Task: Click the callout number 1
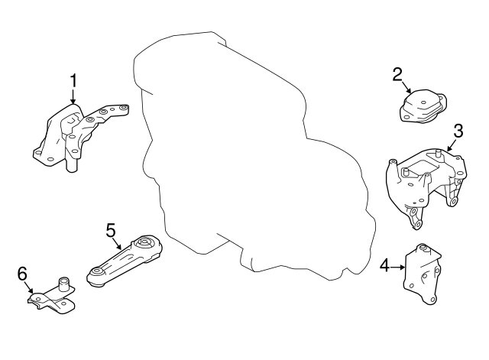[74, 79]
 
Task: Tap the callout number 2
[397, 74]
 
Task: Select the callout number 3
[458, 129]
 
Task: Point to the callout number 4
[385, 265]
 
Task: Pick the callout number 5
[111, 229]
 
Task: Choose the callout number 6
[22, 273]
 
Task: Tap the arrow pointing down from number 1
[73, 97]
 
